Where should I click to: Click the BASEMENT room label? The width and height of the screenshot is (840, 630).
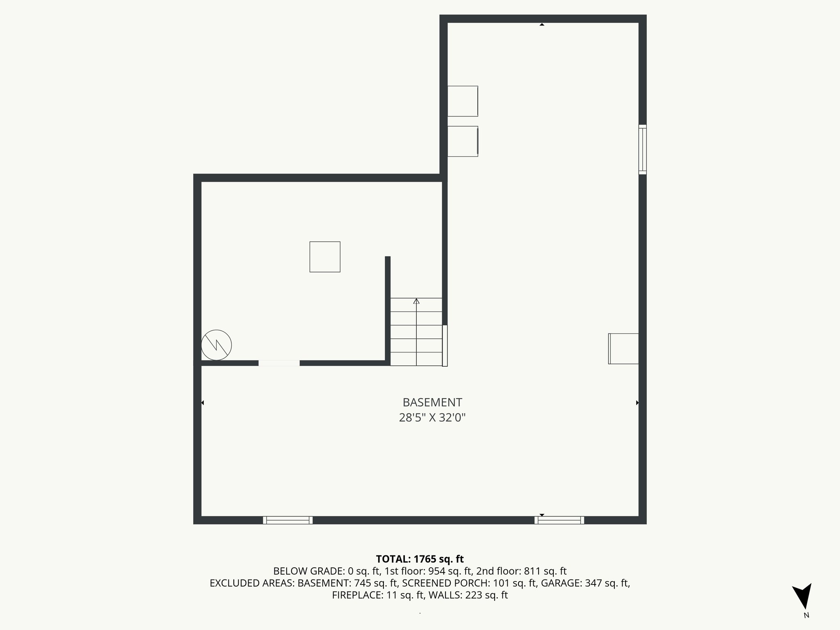coord(432,402)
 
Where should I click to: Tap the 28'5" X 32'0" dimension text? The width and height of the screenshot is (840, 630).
coord(432,418)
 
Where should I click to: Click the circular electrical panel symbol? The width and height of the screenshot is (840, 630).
coord(217,345)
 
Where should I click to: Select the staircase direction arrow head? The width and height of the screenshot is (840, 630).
coord(416,301)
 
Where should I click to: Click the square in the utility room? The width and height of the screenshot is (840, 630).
coord(325,257)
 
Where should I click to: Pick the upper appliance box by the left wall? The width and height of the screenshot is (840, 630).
coord(463,101)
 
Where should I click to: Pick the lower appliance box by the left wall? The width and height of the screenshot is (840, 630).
coord(463,141)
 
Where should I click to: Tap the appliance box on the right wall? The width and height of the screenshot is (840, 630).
coord(623,349)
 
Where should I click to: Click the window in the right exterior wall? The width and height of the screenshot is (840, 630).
coord(643,149)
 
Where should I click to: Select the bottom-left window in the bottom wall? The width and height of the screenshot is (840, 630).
coord(288,520)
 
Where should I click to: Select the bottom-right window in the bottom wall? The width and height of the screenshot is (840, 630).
coord(559,520)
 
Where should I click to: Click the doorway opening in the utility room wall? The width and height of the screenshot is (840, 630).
coord(279,363)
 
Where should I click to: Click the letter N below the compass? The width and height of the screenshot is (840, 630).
coord(806,615)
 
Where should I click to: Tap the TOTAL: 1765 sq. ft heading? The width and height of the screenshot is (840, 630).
coord(420,559)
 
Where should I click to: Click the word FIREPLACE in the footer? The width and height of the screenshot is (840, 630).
coord(358,595)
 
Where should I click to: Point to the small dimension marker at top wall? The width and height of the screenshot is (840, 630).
coord(542,25)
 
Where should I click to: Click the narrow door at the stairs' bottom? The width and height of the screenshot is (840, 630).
coord(445,345)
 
